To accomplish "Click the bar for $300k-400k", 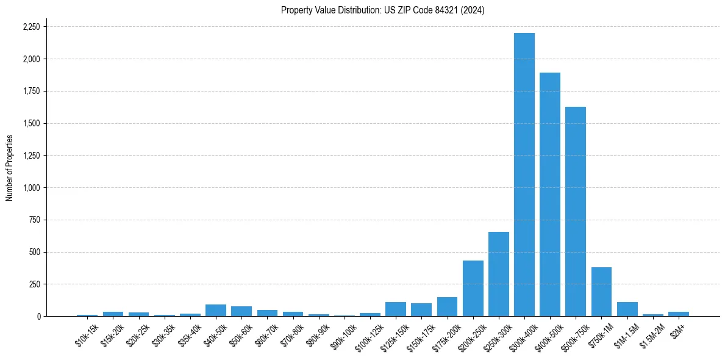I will (x=524, y=175).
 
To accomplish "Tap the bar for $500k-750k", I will (x=576, y=211).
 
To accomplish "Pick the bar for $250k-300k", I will (x=499, y=274).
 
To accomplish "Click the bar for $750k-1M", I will (x=601, y=292).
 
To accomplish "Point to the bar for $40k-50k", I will (x=216, y=310).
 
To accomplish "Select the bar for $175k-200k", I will (x=447, y=306).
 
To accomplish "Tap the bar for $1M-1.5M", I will (x=627, y=309).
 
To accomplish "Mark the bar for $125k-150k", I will (x=396, y=309).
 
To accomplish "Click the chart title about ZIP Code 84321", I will (x=382, y=10).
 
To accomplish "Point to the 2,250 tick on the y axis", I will (x=31, y=27).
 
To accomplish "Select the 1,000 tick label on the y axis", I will (x=31, y=188).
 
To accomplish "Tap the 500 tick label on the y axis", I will (x=35, y=252).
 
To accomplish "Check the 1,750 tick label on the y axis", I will (x=31, y=92).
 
